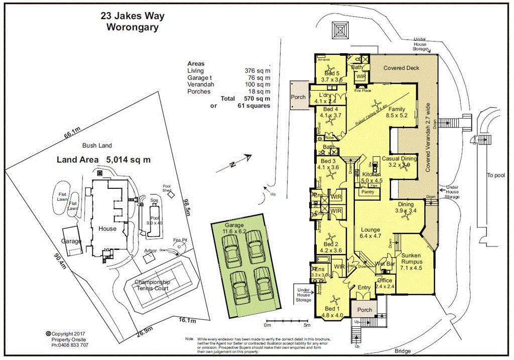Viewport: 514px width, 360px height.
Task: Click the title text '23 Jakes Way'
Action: click(133, 16)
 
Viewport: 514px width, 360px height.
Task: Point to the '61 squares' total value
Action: click(254, 105)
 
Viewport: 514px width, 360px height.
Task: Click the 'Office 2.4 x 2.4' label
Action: click(384, 283)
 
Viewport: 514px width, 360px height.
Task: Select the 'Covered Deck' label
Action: click(401, 68)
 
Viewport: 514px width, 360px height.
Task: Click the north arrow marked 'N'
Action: click(234, 164)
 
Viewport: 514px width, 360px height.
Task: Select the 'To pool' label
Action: click(495, 175)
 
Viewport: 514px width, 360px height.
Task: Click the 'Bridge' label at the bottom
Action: click(403, 351)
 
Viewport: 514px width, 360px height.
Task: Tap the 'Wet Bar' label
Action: click(384, 264)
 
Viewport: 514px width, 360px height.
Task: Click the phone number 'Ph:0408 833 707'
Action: click(70, 345)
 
